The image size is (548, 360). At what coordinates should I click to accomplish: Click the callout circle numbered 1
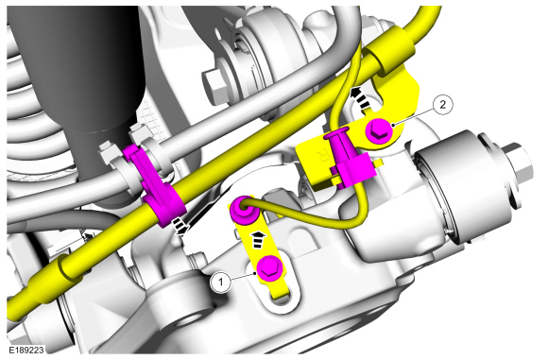(x=221, y=282)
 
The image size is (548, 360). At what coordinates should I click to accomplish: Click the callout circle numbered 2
(x=443, y=105)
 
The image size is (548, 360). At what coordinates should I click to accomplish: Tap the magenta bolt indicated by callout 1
(x=269, y=268)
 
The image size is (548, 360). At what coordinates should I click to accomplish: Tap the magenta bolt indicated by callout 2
(x=379, y=131)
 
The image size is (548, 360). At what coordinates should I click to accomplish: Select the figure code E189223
(x=26, y=351)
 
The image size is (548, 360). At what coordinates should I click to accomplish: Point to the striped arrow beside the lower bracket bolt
(x=258, y=239)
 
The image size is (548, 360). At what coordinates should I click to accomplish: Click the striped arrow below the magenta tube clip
(x=180, y=227)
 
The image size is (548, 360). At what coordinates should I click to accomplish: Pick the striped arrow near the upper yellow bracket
(x=361, y=98)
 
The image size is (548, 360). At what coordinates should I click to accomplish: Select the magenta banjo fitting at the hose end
(x=242, y=210)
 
